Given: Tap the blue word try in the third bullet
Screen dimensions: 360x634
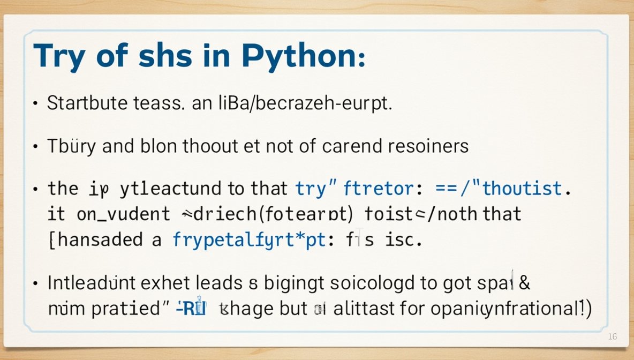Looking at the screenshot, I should coord(311,189).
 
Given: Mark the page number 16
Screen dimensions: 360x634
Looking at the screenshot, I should coord(613,336).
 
